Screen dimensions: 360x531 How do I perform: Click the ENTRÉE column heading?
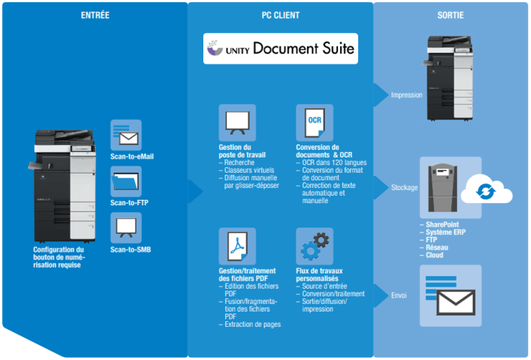click(x=95, y=15)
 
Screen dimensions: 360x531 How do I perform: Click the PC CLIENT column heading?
click(x=280, y=15)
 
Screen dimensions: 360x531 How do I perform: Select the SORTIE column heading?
click(x=450, y=15)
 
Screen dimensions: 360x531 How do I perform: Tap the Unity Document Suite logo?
click(x=280, y=48)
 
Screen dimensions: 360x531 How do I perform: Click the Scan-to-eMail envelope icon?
click(x=126, y=135)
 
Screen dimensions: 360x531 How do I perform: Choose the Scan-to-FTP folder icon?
click(x=126, y=181)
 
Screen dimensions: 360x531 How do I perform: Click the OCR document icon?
click(x=315, y=123)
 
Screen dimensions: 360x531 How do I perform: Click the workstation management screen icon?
click(x=237, y=123)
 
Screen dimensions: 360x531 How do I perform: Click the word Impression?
click(x=406, y=95)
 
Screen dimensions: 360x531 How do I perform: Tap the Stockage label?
click(x=404, y=187)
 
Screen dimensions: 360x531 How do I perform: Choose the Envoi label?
click(x=399, y=295)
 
